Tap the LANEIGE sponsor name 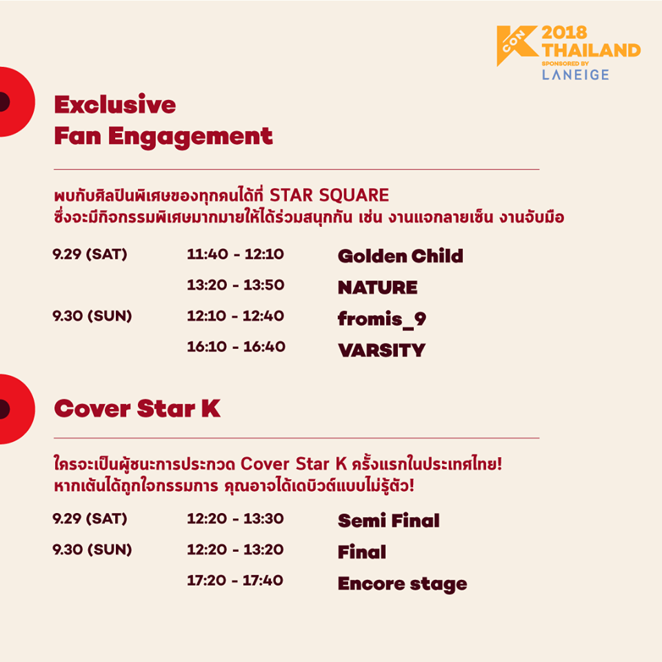[575, 74]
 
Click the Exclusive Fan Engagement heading [163, 120]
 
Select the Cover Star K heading [137, 409]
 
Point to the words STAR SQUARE [330, 195]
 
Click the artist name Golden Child [400, 256]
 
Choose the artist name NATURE [377, 288]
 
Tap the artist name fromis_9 [382, 319]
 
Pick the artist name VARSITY [381, 350]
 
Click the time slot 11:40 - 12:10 [236, 254]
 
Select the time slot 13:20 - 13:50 [236, 285]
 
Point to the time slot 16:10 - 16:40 [236, 347]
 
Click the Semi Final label [388, 521]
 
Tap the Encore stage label [402, 584]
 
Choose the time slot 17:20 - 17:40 [234, 581]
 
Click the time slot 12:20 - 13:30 [235, 519]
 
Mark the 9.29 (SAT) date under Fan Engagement [90, 254]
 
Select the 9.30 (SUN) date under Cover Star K [92, 550]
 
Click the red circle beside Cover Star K [17, 409]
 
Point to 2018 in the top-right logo [564, 33]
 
